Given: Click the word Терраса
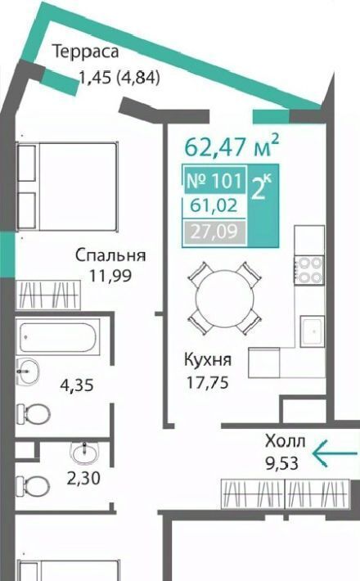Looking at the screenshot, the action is coord(86,52).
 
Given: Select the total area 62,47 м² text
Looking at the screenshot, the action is coord(232,146).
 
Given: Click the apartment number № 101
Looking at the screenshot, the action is coord(215,181).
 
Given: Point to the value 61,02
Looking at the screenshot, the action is coord(214,205).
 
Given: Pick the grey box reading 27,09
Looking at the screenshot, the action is coord(214,232).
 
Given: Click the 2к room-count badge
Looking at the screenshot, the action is coord(262,188).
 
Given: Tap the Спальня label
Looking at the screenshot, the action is coord(110,256).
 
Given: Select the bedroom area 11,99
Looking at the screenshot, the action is coord(110,276).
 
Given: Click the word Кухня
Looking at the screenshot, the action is coord(208,360).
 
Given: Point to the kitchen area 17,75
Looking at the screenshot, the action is coord(207,382).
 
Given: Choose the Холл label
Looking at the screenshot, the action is coord(286,441).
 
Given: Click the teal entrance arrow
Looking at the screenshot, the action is coord(335,453).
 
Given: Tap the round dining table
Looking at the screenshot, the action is coord(225,298).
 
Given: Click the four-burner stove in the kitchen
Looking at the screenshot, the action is coord(309,270).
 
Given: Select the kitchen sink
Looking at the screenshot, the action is coord(313,331).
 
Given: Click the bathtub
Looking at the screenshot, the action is coord(58,337).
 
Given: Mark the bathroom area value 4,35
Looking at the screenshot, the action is coord(77,385).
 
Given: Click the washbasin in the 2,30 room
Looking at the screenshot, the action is coord(85,453).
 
